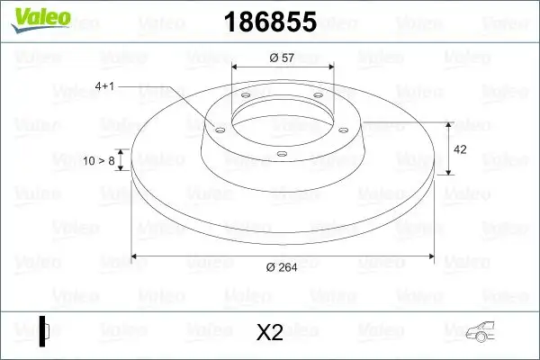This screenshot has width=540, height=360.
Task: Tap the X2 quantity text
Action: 270,333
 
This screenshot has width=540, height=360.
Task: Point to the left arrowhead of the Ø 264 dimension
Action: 136,256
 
